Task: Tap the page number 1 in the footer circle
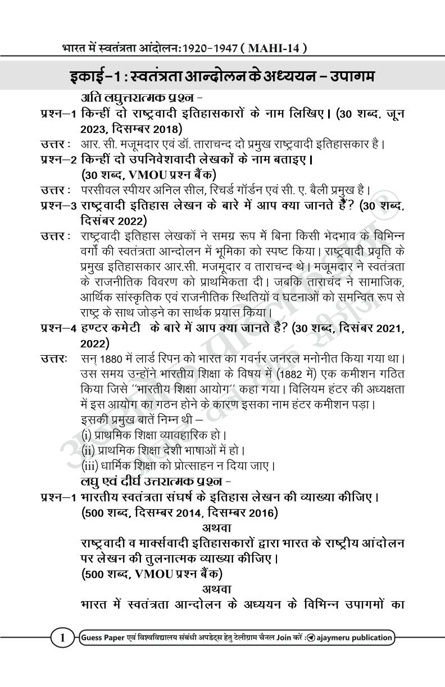coord(63,638)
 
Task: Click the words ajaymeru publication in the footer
coord(356,638)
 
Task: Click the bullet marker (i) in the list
coord(88,435)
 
